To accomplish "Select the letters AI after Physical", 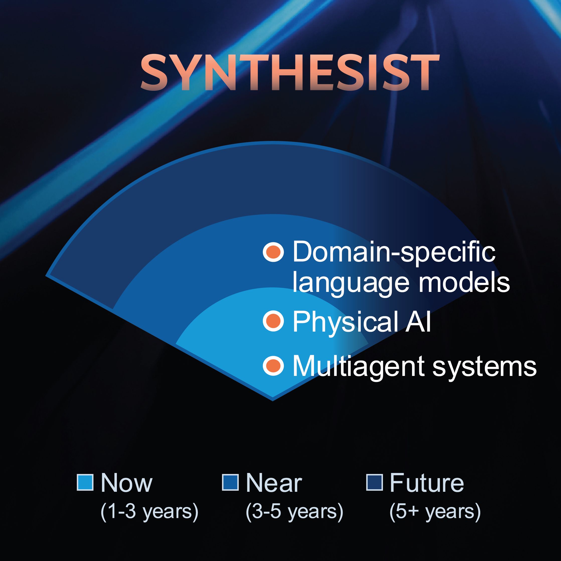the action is coord(418,321).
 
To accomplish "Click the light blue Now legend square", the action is coord(85,482).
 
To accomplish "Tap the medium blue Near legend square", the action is coord(230,482).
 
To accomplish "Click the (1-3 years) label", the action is coord(149,512).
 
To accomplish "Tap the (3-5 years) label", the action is coord(294,512).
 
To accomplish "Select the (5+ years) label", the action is coord(435,512).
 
